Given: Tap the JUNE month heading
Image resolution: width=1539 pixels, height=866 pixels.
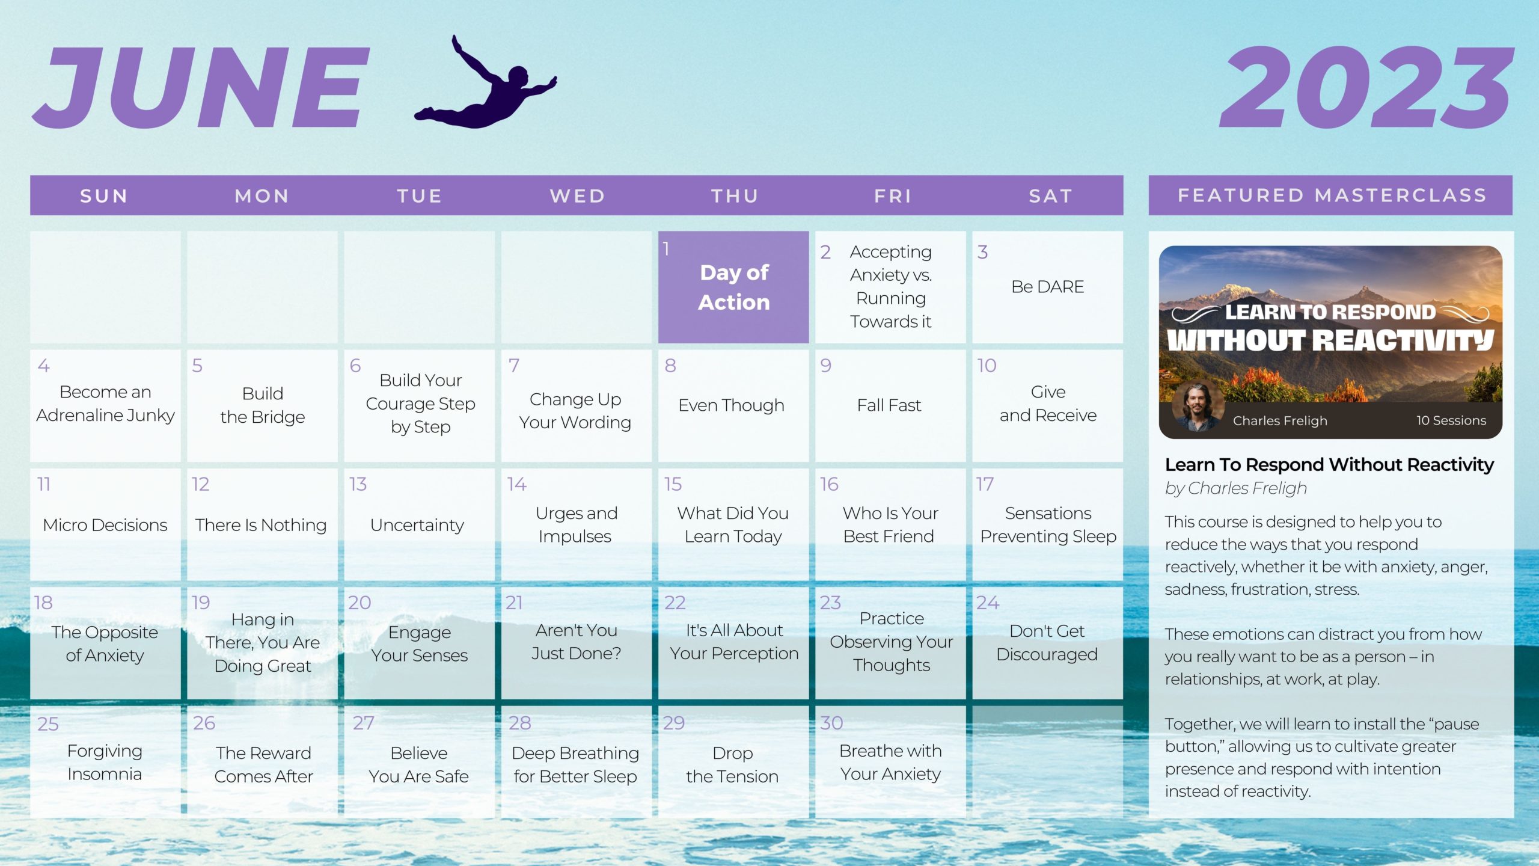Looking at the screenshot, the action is (x=201, y=87).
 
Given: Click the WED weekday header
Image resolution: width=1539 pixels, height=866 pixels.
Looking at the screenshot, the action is (x=578, y=196).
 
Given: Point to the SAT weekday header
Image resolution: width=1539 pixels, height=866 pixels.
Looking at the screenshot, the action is (x=1051, y=196).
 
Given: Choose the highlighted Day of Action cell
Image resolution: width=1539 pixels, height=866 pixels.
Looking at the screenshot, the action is (x=733, y=287).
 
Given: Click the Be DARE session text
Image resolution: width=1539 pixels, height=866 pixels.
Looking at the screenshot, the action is (x=1048, y=287).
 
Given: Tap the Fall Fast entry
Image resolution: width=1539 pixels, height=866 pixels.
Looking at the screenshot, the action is (x=889, y=405).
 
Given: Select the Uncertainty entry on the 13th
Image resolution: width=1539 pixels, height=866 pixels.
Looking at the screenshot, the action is (x=417, y=525).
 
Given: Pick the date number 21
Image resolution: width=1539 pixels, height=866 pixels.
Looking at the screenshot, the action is (x=514, y=603).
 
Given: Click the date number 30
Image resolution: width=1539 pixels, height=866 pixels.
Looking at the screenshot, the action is (x=832, y=723).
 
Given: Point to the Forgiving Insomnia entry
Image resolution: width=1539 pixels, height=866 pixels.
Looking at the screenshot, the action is (x=105, y=763).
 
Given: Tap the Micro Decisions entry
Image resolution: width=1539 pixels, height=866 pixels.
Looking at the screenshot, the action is (x=105, y=525).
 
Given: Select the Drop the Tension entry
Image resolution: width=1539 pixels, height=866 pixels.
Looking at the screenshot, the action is (x=732, y=764).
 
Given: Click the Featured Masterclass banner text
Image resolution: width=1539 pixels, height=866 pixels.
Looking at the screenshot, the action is (x=1332, y=195).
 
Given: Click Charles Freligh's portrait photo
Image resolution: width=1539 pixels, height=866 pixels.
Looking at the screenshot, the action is (x=1197, y=408).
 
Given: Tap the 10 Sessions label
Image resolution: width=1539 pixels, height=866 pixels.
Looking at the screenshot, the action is (x=1451, y=420).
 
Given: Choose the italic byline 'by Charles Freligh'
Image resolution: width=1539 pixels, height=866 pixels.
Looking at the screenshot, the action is (x=1236, y=488).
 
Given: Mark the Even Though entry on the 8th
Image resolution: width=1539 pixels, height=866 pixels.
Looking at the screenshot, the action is (x=732, y=405).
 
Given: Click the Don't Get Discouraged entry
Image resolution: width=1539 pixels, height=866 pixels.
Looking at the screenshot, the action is (x=1047, y=642).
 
